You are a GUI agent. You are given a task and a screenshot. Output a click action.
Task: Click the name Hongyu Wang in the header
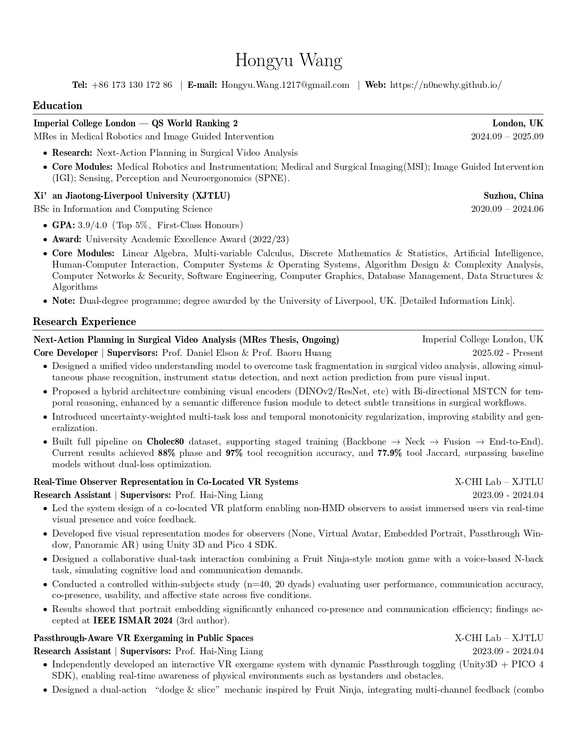[288, 61]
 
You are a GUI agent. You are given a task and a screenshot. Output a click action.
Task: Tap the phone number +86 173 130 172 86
[132, 85]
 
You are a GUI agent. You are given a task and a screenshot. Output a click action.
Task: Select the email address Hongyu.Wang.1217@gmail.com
[285, 85]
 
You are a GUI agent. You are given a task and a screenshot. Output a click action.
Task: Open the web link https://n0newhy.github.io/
[446, 85]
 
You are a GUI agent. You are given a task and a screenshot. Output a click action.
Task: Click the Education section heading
[57, 106]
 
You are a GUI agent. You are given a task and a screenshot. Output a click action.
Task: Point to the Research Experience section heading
[84, 322]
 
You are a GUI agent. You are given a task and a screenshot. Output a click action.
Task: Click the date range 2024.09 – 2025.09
[507, 137]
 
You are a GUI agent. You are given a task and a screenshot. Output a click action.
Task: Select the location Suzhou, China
[513, 196]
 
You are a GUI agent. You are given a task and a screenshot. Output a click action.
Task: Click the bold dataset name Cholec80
[165, 442]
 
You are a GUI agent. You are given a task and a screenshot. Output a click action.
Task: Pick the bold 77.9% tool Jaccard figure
[389, 453]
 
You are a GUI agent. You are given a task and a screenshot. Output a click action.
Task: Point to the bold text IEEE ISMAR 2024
[133, 621]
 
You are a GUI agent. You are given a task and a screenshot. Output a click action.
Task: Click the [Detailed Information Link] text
[457, 301]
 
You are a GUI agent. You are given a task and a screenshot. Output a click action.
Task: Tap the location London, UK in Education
[518, 124]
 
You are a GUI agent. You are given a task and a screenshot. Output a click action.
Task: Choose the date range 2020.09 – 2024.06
[507, 209]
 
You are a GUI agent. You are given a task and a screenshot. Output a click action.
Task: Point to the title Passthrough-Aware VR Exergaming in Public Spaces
[143, 638]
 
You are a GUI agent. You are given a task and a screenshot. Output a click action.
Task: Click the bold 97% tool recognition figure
[234, 453]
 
